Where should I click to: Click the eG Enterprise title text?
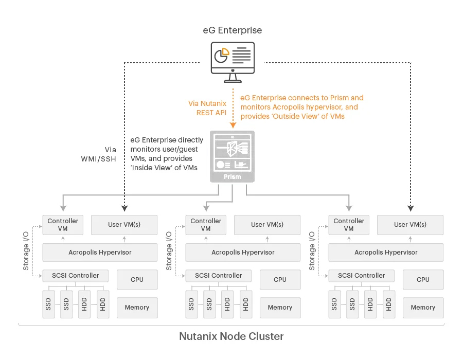(x=233, y=30)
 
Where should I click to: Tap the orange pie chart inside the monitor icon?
(x=225, y=52)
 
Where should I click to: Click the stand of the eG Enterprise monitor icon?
(x=233, y=78)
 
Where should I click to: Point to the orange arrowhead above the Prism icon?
(x=233, y=125)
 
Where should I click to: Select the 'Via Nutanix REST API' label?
(x=207, y=108)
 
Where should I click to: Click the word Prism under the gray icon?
(x=233, y=177)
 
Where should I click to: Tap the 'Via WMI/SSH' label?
(x=99, y=154)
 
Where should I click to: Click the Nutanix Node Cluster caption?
(x=232, y=336)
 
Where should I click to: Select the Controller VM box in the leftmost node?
(x=63, y=225)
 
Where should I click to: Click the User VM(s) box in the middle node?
(x=267, y=225)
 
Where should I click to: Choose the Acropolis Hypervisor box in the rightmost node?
(x=386, y=253)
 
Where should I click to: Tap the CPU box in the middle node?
(x=280, y=279)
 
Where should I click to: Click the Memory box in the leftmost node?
(x=137, y=308)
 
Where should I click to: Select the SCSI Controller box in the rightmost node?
(x=362, y=276)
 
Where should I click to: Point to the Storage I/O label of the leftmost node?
(x=26, y=251)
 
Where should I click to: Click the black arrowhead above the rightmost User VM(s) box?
(x=411, y=208)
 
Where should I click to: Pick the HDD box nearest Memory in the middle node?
(x=246, y=304)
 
